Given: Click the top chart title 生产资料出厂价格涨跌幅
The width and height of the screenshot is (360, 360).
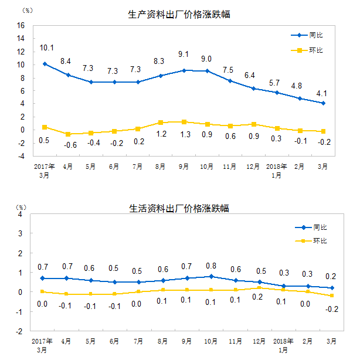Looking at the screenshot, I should point(179,15).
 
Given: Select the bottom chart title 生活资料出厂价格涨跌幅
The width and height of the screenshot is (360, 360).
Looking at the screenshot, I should point(179,209).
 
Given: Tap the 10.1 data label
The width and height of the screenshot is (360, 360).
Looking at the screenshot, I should point(46,47).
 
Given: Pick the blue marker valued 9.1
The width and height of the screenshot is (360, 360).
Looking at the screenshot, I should point(184,70).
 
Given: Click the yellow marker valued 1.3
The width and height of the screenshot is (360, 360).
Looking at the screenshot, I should point(184,122).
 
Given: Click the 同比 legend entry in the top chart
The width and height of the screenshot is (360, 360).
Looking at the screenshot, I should point(314,35).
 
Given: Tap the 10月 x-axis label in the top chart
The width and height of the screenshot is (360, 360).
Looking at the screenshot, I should point(206,167).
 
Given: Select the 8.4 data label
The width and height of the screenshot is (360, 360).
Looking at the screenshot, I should point(66,60).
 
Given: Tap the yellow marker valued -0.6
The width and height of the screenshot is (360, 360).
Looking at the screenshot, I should point(68,134).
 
